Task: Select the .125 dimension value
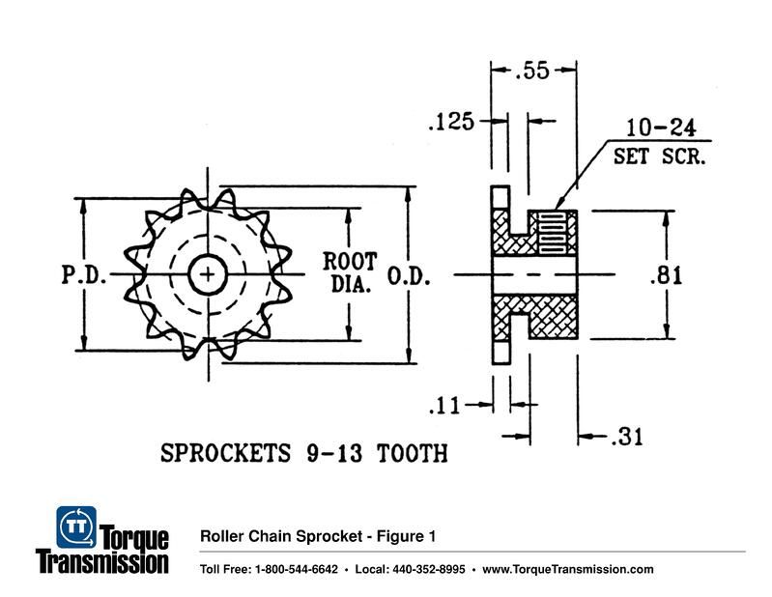(x=451, y=122)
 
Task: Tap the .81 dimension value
(x=666, y=275)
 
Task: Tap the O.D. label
(x=409, y=275)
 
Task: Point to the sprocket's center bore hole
(x=207, y=275)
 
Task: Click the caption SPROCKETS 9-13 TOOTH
(x=303, y=453)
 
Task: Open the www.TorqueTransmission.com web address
(x=567, y=569)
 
